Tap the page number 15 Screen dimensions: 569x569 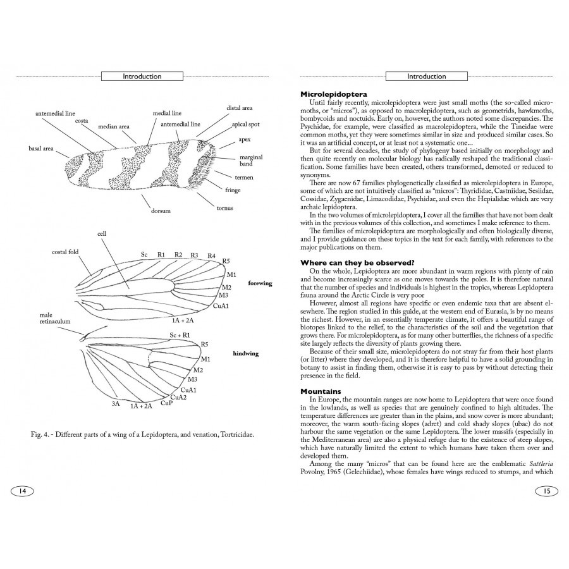coord(547,491)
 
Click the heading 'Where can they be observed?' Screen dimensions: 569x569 coord(357,262)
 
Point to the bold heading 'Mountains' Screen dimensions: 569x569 coord(321,391)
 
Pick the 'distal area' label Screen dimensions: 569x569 coord(240,108)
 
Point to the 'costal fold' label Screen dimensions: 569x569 coord(65,252)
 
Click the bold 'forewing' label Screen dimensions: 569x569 coord(260,283)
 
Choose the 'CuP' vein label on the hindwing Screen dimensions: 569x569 coord(166,403)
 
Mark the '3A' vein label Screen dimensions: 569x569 coord(116,403)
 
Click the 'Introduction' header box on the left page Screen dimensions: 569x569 coord(142,76)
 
